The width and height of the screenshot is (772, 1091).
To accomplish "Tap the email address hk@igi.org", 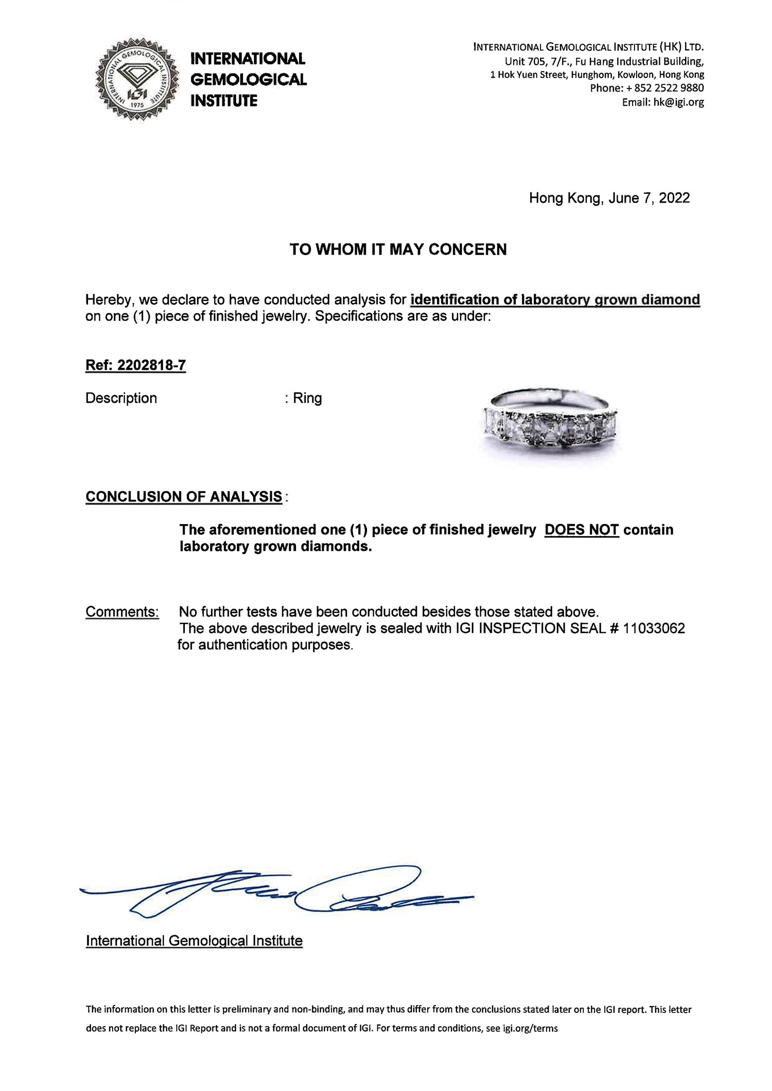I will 678,102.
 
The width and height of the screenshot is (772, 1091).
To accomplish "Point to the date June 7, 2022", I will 649,198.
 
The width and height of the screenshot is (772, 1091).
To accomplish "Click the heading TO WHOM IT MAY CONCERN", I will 398,249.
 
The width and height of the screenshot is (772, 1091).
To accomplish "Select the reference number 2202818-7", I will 151,365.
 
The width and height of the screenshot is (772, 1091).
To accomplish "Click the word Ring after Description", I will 307,398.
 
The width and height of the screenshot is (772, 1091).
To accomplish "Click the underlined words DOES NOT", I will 582,529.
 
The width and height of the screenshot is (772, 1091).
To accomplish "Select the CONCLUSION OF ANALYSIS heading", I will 184,496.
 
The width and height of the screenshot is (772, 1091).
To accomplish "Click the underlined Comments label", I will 122,612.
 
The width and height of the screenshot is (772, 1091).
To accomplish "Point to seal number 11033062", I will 654,628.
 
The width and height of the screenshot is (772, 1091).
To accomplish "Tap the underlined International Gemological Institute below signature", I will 194,941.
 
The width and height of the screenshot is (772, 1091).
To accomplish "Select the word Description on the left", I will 121,398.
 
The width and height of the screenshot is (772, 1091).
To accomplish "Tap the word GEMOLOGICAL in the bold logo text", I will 249,79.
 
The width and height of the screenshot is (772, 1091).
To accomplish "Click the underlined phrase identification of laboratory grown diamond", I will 555,299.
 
